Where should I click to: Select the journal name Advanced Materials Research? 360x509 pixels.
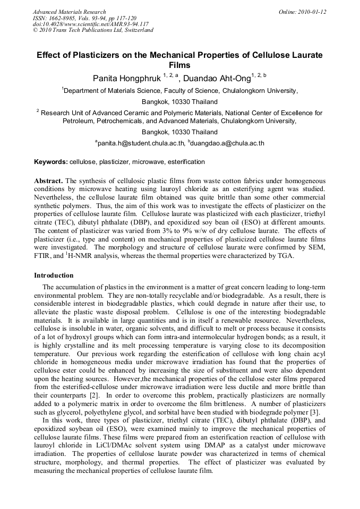click(69, 12)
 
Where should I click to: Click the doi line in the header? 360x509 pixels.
click(91, 24)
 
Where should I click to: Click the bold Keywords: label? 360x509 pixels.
click(51, 162)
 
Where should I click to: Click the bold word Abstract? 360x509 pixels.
click(48, 181)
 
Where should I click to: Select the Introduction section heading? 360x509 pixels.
click(54, 275)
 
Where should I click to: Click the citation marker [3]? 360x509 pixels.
click(314, 412)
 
